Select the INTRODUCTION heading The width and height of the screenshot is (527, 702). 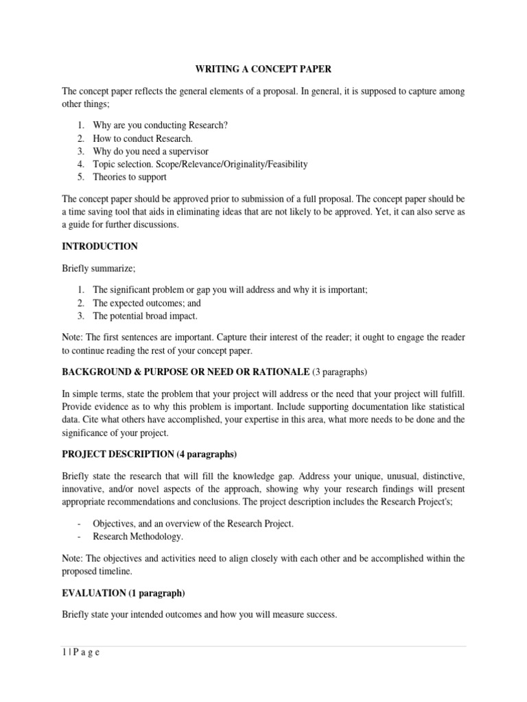(x=100, y=246)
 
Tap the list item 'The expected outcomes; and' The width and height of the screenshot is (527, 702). (x=147, y=303)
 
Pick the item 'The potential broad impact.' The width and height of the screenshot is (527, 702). (x=145, y=316)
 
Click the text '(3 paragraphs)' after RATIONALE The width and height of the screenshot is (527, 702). (x=340, y=372)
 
